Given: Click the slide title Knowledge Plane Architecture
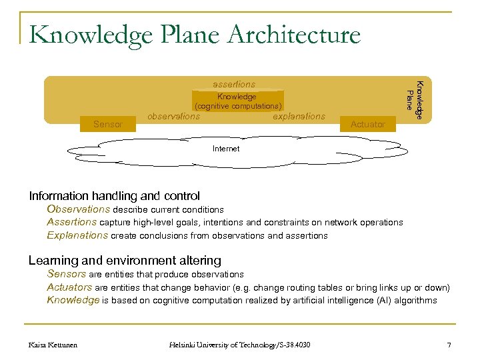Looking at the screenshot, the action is [x=195, y=35].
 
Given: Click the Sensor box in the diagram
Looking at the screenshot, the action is [x=108, y=124].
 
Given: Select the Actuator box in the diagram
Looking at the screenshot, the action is [x=367, y=124].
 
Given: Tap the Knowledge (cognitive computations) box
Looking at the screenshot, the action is [x=238, y=101].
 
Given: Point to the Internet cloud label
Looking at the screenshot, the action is [x=226, y=149].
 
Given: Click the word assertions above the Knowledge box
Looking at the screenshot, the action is [x=234, y=85].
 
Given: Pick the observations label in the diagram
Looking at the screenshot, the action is [x=173, y=116].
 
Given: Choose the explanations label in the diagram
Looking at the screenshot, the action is [x=299, y=116].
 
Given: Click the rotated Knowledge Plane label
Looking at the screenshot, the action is [x=414, y=100].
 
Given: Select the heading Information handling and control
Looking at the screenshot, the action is [x=114, y=196].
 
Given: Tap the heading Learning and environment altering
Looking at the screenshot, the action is [x=125, y=261].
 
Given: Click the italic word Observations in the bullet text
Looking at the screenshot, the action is [x=78, y=209].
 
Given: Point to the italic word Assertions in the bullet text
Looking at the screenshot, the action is [x=71, y=222].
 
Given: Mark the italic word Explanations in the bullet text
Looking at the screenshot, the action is [x=77, y=235].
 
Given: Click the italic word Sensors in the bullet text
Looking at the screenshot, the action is [x=67, y=274].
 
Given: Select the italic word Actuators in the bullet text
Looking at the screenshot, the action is [x=69, y=287].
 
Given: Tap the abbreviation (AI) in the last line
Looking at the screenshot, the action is [x=383, y=300].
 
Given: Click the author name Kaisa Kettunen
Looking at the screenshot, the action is [x=54, y=344].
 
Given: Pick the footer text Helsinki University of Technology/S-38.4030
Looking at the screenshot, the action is [x=239, y=344].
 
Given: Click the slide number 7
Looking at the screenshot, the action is [x=449, y=344].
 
